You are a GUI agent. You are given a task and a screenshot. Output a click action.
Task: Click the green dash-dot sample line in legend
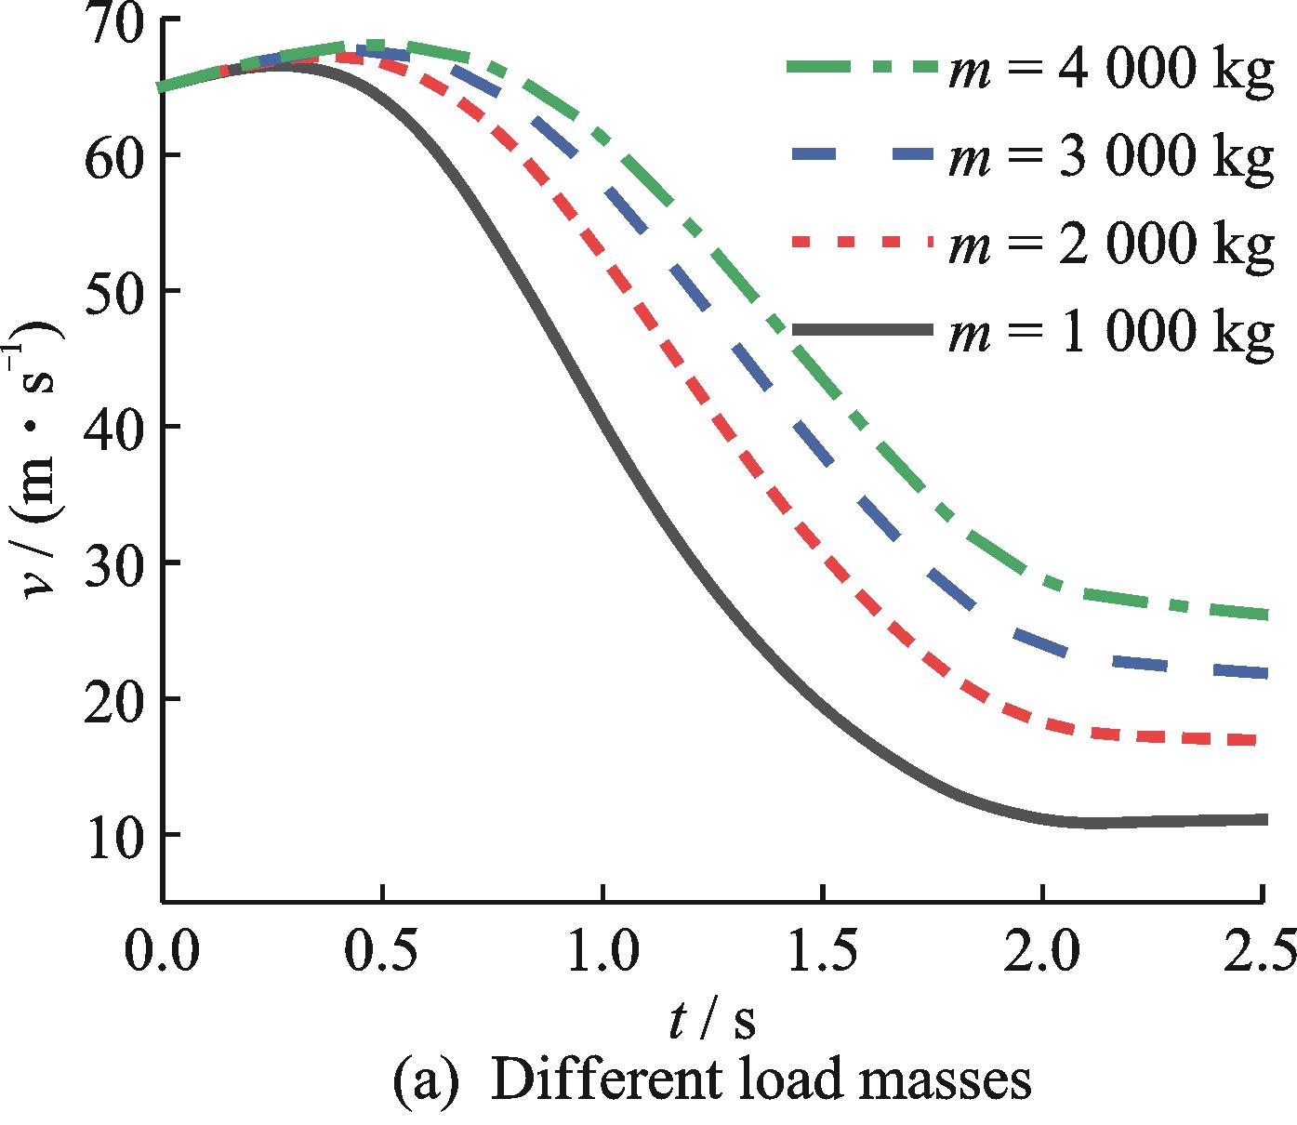point(860,66)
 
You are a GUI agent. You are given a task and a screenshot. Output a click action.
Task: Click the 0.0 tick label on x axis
point(163,953)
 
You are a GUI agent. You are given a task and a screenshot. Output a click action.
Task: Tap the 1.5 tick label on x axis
point(823,953)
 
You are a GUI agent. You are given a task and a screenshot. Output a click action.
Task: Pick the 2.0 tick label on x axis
point(1042,953)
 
